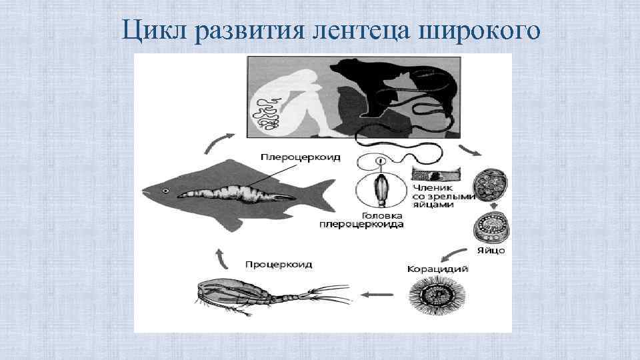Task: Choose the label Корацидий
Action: [437, 269]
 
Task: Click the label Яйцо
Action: [491, 251]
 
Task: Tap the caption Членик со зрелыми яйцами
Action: [442, 196]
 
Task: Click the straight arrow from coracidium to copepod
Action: [376, 293]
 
